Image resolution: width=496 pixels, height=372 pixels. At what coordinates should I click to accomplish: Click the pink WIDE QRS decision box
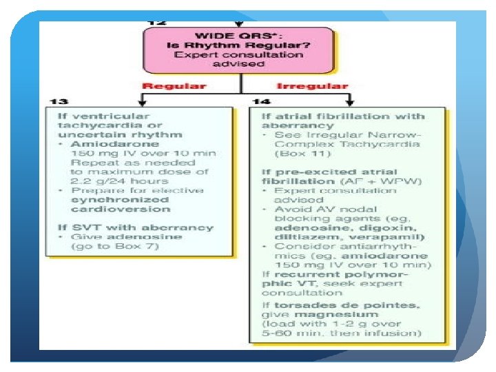click(239, 49)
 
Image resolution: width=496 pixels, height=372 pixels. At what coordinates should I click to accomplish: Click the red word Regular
click(174, 86)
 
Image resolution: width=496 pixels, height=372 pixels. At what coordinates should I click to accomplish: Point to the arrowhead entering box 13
click(141, 102)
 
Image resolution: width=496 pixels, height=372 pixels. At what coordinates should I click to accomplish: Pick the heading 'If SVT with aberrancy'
click(135, 227)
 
